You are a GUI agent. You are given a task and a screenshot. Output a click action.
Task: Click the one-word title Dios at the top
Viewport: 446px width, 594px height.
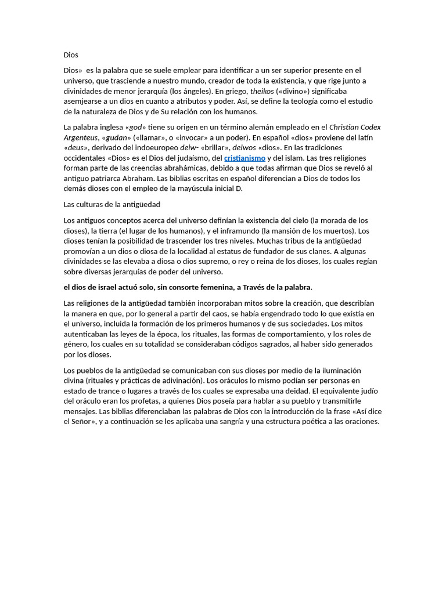(71, 55)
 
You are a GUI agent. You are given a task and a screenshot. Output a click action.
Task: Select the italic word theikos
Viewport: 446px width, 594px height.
(262, 91)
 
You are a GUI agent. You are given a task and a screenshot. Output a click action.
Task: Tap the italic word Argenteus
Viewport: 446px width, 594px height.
(81, 137)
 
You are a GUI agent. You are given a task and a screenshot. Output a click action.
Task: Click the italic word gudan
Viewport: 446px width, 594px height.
(117, 137)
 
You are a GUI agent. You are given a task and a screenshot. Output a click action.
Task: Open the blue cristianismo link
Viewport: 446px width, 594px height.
(244, 158)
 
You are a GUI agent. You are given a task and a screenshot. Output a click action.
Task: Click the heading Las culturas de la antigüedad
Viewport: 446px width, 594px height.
(111, 205)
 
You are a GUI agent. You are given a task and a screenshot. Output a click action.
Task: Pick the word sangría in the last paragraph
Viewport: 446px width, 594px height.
(231, 422)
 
